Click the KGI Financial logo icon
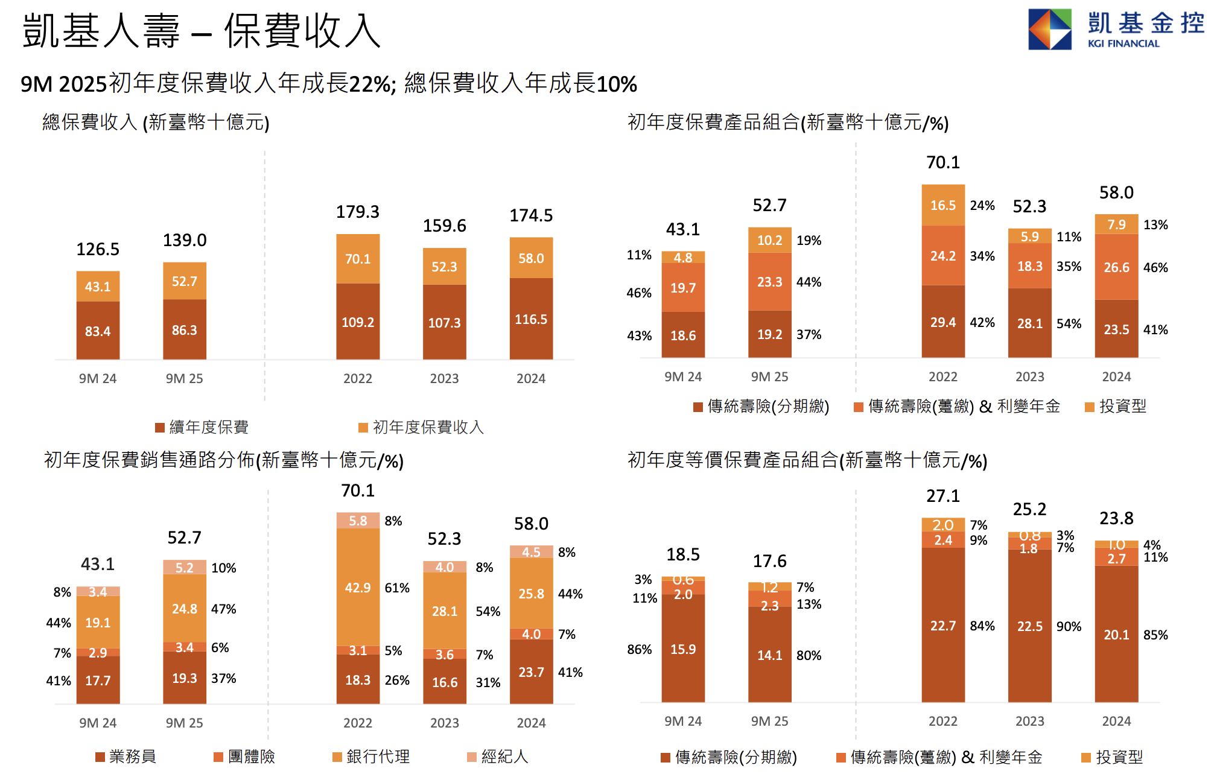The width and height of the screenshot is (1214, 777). [1049, 29]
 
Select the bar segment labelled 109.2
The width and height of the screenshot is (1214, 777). [358, 322]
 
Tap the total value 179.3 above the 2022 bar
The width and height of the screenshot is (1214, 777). [358, 212]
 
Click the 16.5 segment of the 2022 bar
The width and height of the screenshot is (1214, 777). [942, 206]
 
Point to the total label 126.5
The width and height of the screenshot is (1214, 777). [98, 249]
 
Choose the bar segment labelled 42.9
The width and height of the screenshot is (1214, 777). [358, 588]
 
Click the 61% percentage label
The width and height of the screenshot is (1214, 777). [397, 588]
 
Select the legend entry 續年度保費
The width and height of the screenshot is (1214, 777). [202, 428]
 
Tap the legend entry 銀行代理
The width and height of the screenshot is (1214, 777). [372, 756]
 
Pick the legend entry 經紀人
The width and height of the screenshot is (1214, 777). [498, 756]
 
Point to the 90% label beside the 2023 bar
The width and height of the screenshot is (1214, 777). [1069, 627]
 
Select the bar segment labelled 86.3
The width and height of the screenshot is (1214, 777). [185, 330]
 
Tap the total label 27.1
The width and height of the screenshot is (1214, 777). [942, 496]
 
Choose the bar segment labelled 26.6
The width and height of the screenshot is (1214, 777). [1116, 267]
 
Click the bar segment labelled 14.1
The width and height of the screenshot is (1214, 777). [770, 655]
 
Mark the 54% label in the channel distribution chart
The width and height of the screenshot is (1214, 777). [488, 612]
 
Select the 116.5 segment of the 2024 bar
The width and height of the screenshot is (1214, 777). [531, 319]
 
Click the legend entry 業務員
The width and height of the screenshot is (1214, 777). [126, 756]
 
